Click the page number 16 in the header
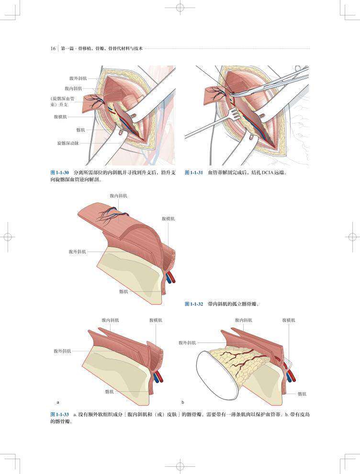tap(53, 48)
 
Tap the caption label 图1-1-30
tap(60, 172)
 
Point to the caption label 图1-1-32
tap(194, 304)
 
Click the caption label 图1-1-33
tap(60, 414)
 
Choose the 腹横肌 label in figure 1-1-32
tap(168, 218)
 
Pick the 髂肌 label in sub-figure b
tap(302, 394)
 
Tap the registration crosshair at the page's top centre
tap(180, 8)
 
